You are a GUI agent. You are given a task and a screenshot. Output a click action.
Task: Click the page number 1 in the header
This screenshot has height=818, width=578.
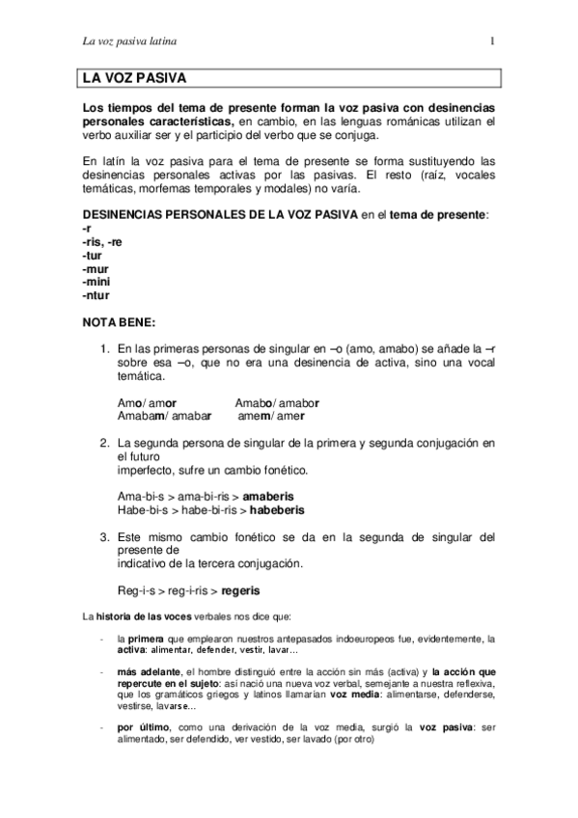493,41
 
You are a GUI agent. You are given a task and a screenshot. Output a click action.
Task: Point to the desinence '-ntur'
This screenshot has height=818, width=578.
95,296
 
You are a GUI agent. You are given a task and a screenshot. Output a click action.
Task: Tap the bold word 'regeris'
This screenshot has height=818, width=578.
241,589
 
